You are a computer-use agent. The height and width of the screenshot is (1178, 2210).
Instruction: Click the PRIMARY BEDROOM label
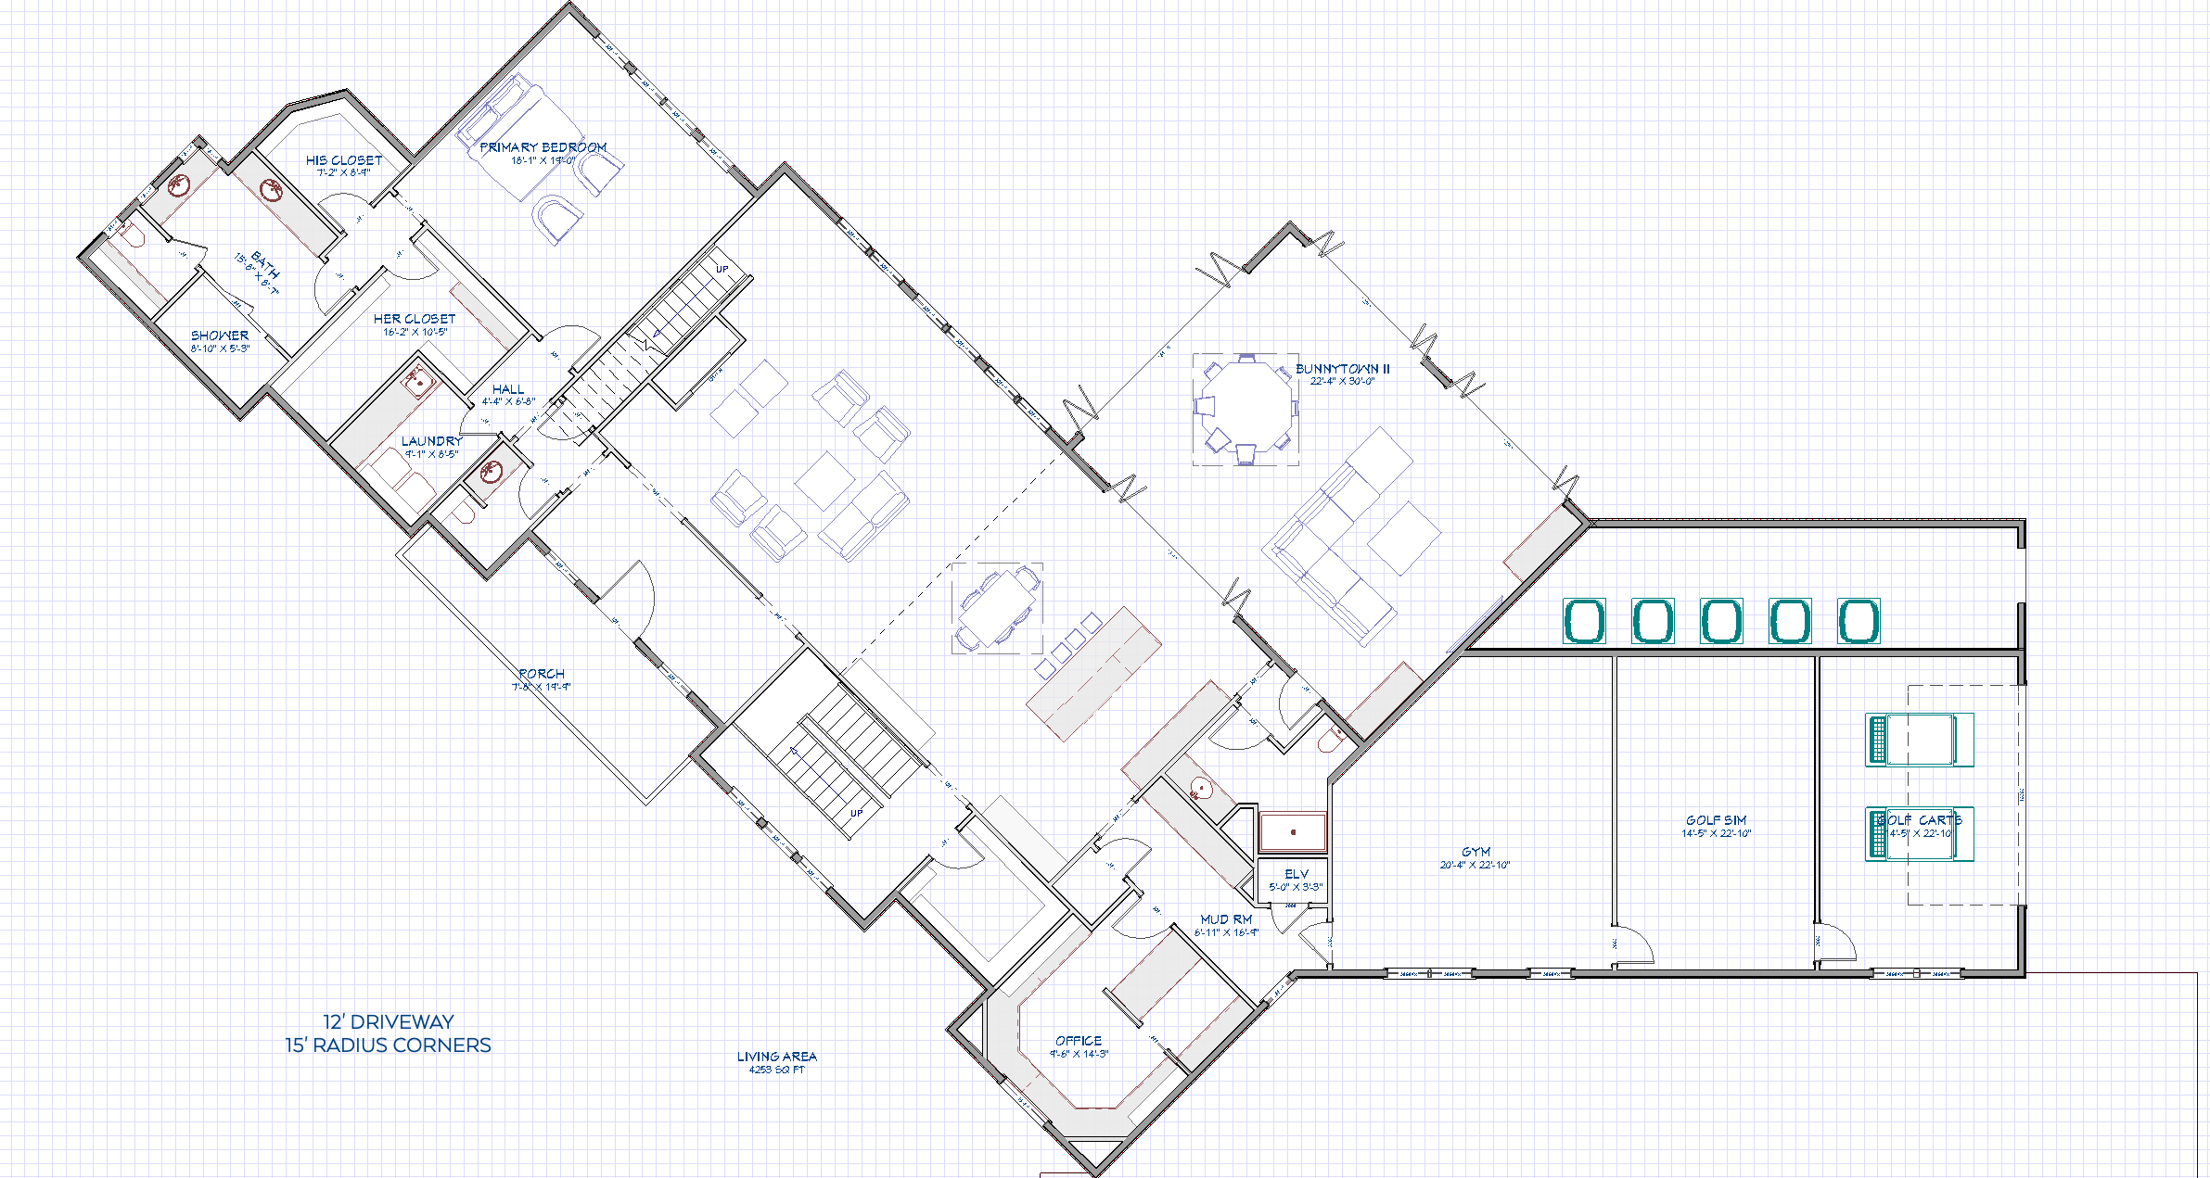coord(543,147)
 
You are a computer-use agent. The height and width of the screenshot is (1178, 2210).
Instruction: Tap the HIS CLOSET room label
coord(344,160)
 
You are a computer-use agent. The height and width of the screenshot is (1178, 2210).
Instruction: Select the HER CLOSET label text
coord(415,319)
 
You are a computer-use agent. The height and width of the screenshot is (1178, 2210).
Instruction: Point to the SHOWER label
coord(220,336)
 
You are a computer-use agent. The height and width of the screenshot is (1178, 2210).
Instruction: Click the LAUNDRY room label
coord(431,441)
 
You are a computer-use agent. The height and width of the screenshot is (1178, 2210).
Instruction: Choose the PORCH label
coord(542,674)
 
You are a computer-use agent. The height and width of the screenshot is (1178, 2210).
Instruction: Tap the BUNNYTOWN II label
coord(1342,369)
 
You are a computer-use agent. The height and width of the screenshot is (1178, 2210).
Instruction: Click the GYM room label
coord(1475,852)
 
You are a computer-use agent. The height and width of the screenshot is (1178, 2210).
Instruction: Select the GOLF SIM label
coord(1716,820)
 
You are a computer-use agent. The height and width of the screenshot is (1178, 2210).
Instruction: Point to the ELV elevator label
coord(1296,874)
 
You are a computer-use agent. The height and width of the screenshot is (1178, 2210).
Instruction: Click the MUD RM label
coord(1226,919)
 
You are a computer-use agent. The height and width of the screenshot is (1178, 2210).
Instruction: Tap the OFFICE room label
coord(1079,1041)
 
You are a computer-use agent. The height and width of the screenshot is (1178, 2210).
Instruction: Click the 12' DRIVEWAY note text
coord(388,1021)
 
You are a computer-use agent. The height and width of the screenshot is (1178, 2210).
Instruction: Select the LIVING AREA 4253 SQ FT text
coord(776,1061)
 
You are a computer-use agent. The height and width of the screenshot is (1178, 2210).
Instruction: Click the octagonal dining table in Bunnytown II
coord(1246,406)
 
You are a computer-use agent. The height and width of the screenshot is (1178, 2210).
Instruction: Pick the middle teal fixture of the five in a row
coord(1721,621)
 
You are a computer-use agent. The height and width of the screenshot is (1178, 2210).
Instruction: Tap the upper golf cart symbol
coord(1919,740)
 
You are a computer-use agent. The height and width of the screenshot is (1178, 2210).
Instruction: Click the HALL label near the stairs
coord(508,389)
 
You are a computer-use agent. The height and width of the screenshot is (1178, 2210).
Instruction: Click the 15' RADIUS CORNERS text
coord(388,1045)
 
